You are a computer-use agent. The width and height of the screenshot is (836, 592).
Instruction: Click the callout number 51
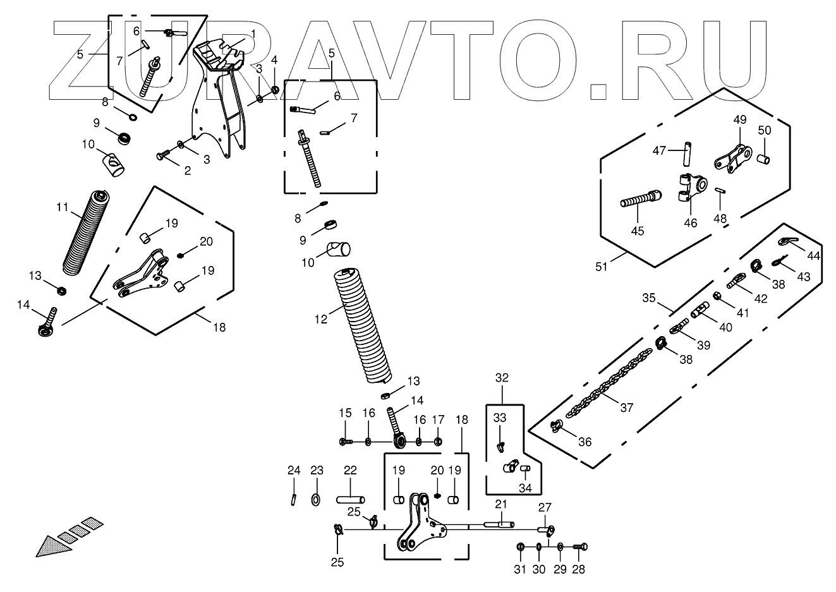[601, 267]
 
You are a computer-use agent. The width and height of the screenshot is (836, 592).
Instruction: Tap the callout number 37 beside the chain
[627, 408]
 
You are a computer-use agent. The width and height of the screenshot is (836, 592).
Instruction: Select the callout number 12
[321, 319]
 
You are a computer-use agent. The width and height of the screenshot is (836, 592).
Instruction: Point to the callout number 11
[63, 207]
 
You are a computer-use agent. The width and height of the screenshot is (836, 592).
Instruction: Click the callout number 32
[502, 378]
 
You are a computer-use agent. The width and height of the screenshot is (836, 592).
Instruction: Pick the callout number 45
[638, 231]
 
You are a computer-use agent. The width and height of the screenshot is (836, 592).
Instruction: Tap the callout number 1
[253, 34]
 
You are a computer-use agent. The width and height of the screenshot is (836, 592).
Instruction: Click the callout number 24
[294, 470]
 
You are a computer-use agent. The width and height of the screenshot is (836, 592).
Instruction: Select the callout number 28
[578, 569]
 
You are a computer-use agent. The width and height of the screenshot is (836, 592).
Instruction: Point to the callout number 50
[765, 130]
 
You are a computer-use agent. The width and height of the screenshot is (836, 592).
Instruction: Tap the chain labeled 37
[609, 383]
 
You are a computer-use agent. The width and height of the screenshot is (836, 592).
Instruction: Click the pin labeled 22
[351, 499]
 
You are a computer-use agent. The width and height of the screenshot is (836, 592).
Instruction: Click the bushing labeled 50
[763, 159]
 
